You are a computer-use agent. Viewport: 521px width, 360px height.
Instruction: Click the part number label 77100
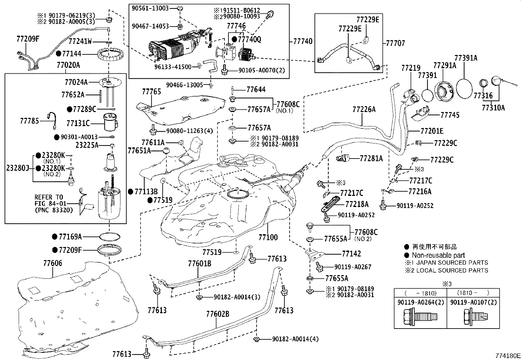(x=268, y=237)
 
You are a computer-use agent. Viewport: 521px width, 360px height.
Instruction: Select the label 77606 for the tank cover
(x=53, y=263)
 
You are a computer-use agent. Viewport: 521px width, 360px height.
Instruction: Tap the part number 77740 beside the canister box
(x=302, y=41)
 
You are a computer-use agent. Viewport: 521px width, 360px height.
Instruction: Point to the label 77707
(x=395, y=43)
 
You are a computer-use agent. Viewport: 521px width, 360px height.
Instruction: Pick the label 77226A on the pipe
(x=364, y=109)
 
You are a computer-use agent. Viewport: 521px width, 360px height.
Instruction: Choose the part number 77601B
(x=199, y=263)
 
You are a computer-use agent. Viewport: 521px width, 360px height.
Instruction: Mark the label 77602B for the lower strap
(x=218, y=314)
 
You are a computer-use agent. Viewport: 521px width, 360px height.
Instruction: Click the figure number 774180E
(x=507, y=356)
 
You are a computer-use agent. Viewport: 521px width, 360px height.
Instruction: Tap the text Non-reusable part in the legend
(x=438, y=255)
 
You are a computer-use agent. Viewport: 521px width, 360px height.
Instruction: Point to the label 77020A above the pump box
(x=68, y=65)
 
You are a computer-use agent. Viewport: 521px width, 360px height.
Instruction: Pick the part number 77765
(x=152, y=91)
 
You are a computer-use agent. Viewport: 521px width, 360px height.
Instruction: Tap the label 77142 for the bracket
(x=351, y=254)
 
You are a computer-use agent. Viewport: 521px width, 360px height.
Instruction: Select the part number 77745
(x=450, y=115)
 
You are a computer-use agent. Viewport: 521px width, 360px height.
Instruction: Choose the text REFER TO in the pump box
(x=49, y=197)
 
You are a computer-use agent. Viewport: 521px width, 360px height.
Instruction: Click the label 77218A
(x=357, y=204)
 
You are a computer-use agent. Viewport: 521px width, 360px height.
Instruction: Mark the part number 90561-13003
(x=151, y=8)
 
